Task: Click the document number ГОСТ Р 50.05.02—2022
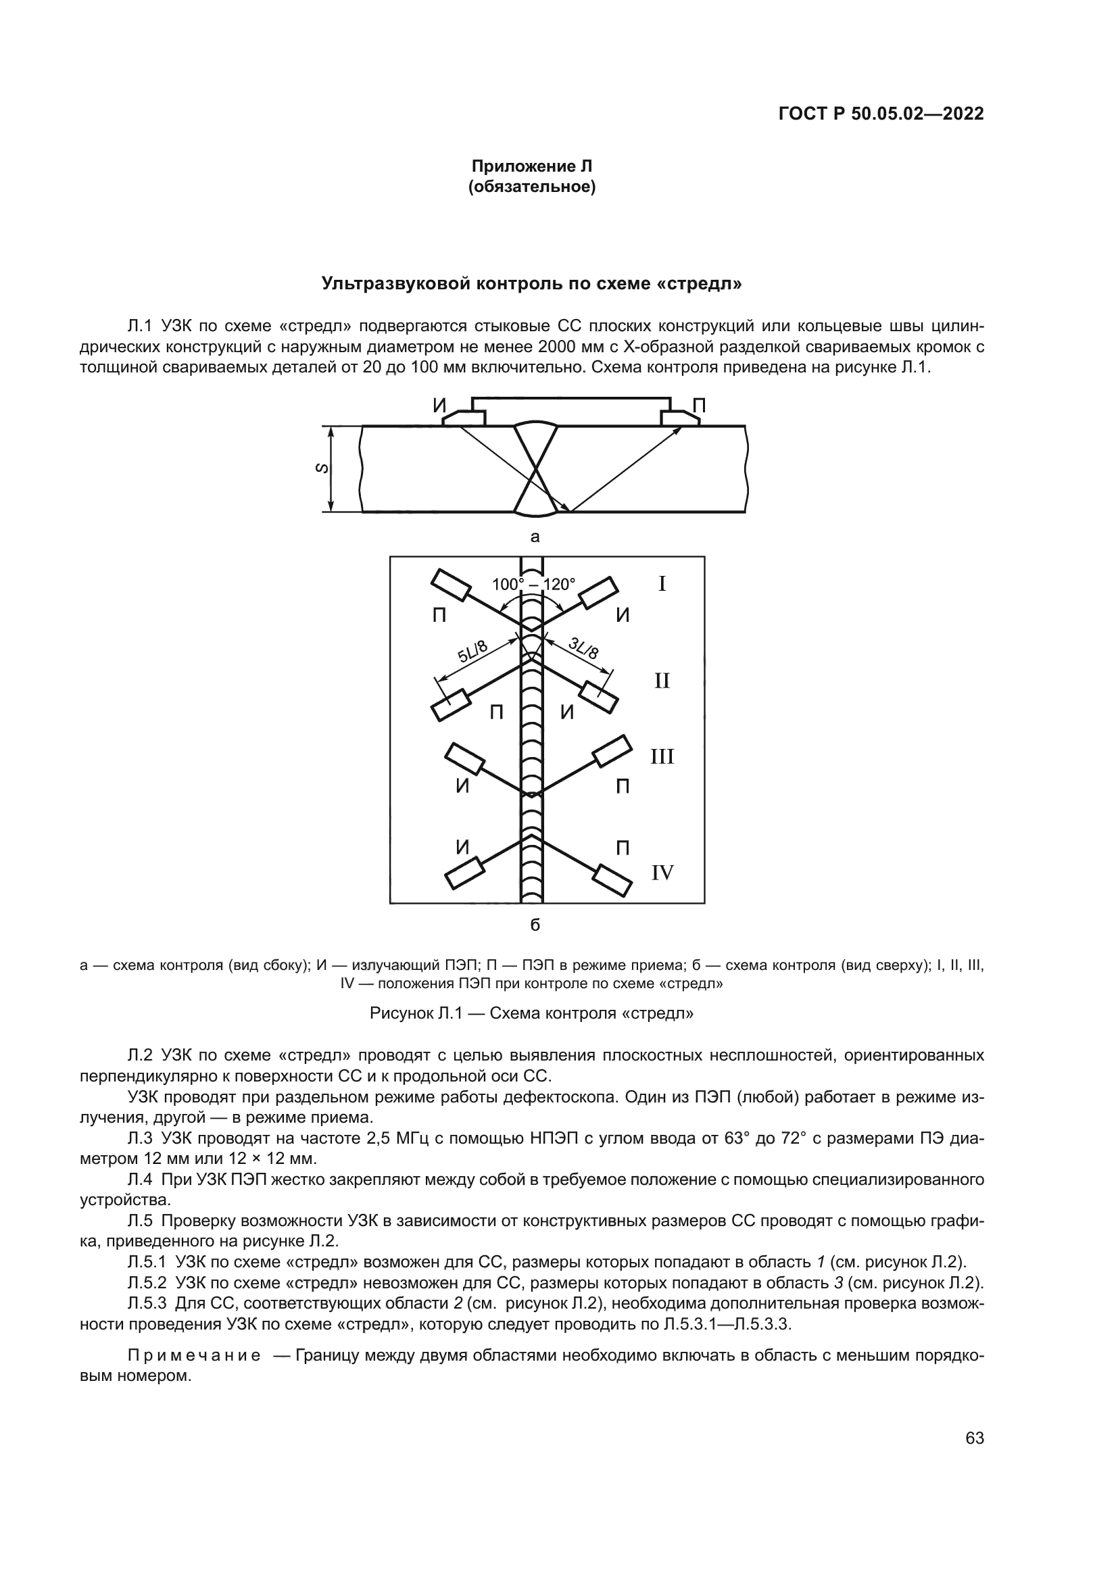pyautogui.click(x=881, y=114)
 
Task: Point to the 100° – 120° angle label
pyautogui.click(x=533, y=585)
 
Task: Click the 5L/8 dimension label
pyautogui.click(x=473, y=652)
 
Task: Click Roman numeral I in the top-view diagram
pyautogui.click(x=662, y=585)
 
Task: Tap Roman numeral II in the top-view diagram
pyautogui.click(x=662, y=682)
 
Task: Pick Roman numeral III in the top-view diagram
pyautogui.click(x=662, y=758)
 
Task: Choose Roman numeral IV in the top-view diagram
pyautogui.click(x=662, y=873)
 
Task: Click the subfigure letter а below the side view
pyautogui.click(x=535, y=537)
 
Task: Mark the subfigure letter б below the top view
pyautogui.click(x=535, y=925)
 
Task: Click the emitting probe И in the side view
pyautogui.click(x=464, y=416)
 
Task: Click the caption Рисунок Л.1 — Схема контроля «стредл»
pyautogui.click(x=531, y=1014)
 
